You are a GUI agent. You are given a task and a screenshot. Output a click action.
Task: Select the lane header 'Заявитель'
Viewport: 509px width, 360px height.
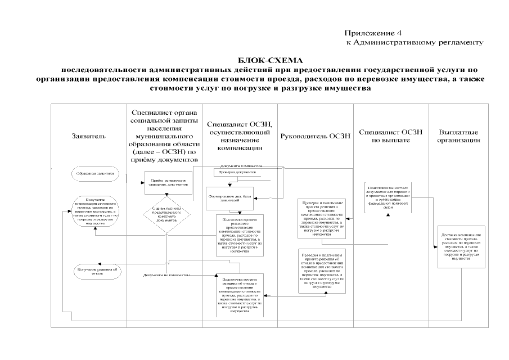point(88,136)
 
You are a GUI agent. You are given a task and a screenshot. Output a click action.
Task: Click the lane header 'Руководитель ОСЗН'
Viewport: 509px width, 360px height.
point(315,136)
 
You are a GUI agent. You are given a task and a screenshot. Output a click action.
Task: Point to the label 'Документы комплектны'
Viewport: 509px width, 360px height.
point(242,166)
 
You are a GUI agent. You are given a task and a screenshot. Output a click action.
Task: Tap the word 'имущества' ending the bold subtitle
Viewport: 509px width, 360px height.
point(352,89)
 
